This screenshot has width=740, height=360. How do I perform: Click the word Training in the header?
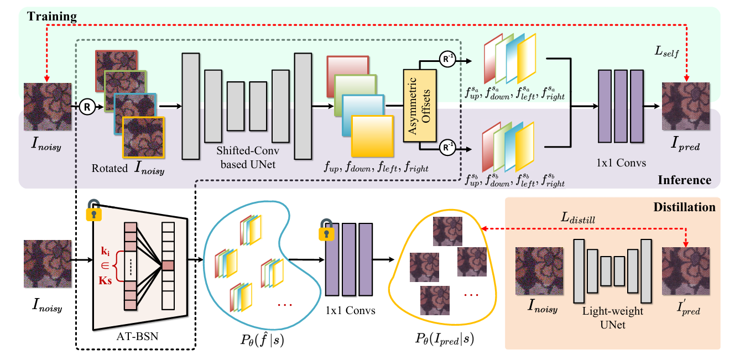tap(53, 17)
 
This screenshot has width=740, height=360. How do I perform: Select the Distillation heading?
tap(684, 207)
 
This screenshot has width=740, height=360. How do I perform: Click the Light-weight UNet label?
tap(613, 318)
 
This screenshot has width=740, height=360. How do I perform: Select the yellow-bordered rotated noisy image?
tap(144, 137)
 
